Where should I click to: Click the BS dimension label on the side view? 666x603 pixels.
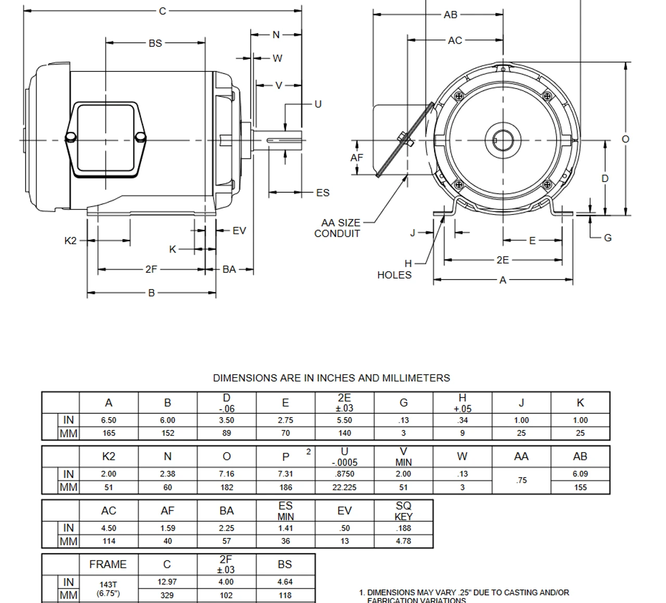pos(155,43)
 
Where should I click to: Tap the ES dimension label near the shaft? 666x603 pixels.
pos(323,193)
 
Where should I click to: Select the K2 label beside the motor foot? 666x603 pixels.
pos(70,240)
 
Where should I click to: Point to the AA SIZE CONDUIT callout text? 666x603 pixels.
pos(339,228)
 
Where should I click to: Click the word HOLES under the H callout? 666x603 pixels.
pos(394,275)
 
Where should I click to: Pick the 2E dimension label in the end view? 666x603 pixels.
pos(502,260)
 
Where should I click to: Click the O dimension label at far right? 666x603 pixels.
pos(625,139)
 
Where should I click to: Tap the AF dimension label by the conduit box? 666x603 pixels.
pos(357,157)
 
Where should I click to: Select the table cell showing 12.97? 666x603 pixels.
pos(167,582)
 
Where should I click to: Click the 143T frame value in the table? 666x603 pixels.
pos(108,585)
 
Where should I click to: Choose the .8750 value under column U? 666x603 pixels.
pos(344,474)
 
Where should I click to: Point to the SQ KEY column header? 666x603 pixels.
pos(403,511)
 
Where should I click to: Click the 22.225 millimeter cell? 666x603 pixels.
pos(344,487)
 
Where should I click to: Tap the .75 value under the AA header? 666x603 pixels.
pos(521,480)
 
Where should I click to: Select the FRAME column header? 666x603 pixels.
pos(108,564)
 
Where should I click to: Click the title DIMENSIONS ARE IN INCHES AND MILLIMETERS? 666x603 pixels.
pos(331,378)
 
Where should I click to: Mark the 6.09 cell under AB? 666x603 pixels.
pos(580,474)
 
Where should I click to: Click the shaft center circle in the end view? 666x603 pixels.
pos(503,140)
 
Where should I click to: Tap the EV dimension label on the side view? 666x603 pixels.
pos(239,231)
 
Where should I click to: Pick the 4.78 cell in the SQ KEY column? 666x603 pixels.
pos(403,541)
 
